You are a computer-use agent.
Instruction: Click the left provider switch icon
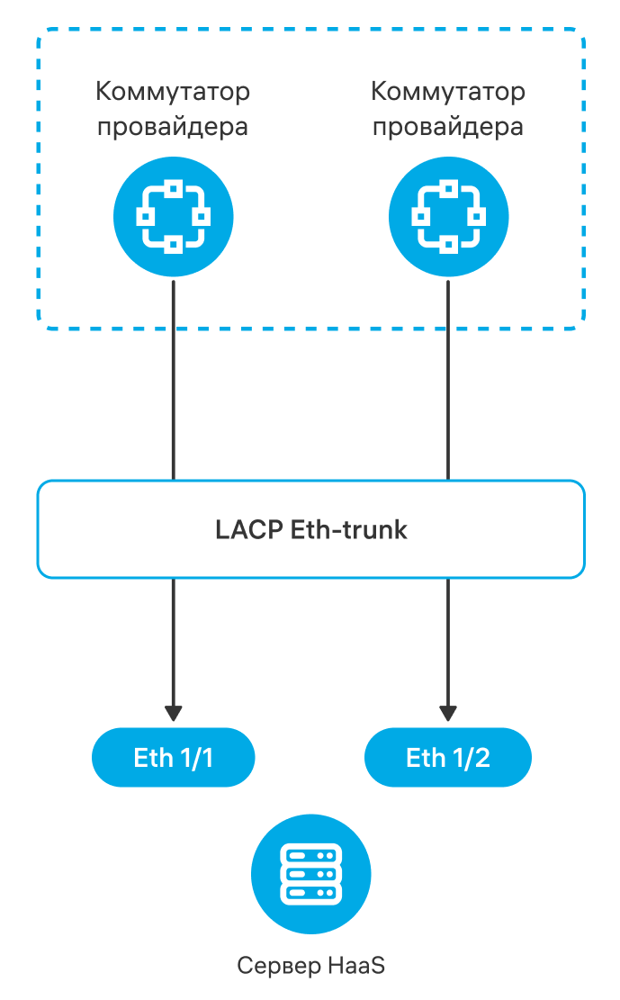[173, 216]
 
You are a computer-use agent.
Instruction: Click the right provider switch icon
[448, 216]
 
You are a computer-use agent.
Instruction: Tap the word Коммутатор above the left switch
[173, 92]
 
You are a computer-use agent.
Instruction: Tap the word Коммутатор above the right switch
[448, 92]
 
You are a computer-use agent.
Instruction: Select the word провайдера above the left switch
[173, 126]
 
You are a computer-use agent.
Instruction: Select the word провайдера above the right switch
[448, 126]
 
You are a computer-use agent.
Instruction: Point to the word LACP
[249, 529]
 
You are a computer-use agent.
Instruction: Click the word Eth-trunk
[349, 529]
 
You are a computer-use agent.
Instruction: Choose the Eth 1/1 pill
[173, 758]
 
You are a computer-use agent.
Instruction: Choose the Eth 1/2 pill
[448, 758]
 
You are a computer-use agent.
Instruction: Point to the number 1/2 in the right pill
[471, 758]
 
